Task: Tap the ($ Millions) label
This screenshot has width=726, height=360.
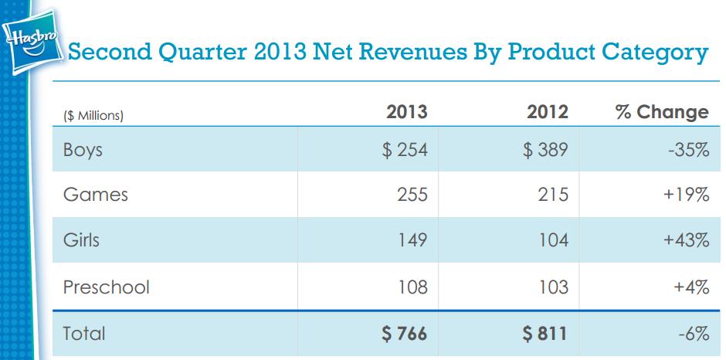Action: pyautogui.click(x=93, y=117)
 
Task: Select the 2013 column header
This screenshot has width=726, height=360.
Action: pyautogui.click(x=406, y=112)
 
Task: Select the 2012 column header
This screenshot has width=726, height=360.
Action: pyautogui.click(x=548, y=112)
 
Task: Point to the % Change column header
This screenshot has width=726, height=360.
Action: pyautogui.click(x=662, y=112)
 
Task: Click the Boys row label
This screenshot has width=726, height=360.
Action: pyautogui.click(x=83, y=150)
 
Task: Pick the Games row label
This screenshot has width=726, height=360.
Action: pyautogui.click(x=96, y=195)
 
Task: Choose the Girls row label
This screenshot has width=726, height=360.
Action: pyautogui.click(x=81, y=239)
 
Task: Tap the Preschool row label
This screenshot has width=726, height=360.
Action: pyautogui.click(x=107, y=287)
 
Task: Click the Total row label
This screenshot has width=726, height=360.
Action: pyautogui.click(x=84, y=334)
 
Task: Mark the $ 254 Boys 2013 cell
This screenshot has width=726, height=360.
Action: pyautogui.click(x=405, y=150)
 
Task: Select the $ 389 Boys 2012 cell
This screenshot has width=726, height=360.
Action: pyautogui.click(x=545, y=150)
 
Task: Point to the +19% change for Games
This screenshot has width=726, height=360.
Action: pyautogui.click(x=686, y=195)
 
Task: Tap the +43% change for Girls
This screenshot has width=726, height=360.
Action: pyautogui.click(x=686, y=240)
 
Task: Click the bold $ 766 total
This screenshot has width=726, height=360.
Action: pyautogui.click(x=404, y=334)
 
